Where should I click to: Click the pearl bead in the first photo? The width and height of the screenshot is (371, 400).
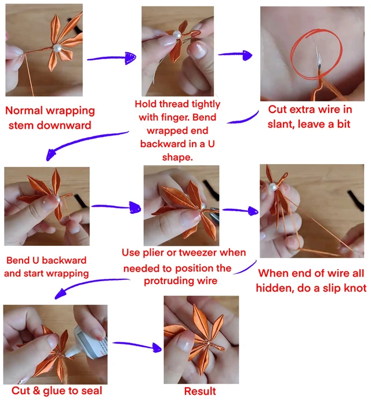57,48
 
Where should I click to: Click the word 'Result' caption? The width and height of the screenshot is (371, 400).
200,391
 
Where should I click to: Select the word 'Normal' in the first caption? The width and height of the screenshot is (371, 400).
24,111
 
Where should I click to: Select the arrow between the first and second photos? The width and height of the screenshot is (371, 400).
111,58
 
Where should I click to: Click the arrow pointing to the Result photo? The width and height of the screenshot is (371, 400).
137,346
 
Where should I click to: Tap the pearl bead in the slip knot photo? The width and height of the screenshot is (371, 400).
273,187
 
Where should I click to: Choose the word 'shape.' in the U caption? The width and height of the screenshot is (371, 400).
177,158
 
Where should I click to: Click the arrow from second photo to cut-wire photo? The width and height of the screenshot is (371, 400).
235,55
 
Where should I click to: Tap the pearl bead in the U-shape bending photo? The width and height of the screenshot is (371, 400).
177,35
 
